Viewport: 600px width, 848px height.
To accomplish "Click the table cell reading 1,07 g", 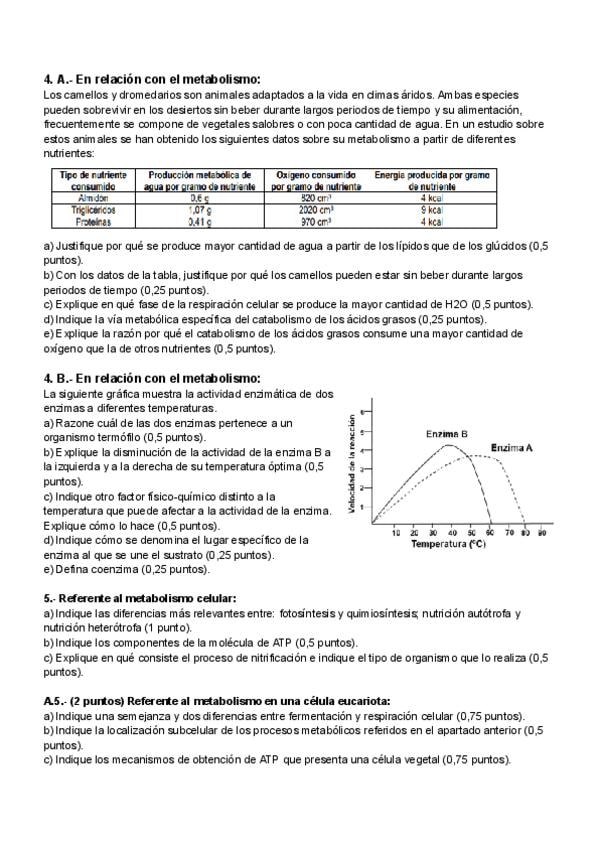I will tap(201, 211).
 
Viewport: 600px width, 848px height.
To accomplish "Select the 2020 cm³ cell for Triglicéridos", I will tap(318, 211).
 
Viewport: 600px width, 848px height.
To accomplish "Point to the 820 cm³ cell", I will tap(318, 199).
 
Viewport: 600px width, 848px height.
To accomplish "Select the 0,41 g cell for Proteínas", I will tap(201, 222).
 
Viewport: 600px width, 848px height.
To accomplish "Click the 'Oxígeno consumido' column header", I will tap(318, 180).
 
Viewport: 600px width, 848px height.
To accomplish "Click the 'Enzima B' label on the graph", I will tap(447, 434).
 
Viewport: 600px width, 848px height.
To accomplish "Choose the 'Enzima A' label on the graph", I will tap(513, 447).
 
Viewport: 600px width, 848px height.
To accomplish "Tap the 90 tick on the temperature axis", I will tap(542, 534).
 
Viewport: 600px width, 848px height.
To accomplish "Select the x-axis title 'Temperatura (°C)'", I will tap(448, 545).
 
